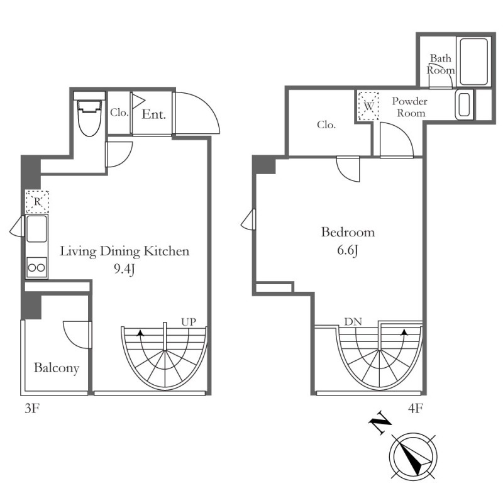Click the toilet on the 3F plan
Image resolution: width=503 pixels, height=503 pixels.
89,118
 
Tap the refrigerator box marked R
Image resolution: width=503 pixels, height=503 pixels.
37,202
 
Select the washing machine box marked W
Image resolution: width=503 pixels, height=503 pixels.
368,106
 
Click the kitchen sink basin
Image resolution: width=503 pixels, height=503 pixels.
36,229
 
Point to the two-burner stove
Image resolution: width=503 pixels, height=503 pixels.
36,267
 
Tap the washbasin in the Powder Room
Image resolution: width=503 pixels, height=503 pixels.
464,104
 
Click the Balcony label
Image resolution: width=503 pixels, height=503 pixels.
57,368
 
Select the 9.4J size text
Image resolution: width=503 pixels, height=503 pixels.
124,270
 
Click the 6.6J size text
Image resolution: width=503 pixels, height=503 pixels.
348,250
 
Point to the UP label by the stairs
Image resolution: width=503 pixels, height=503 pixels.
189,322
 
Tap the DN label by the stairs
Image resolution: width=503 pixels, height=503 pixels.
353,321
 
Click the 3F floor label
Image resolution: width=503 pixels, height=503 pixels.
32,409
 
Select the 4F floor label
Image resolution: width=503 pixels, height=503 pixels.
415,408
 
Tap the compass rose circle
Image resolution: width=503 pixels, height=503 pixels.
413,456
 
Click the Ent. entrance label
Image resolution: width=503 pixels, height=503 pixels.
154,114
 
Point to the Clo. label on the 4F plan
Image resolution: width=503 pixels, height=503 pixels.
326,124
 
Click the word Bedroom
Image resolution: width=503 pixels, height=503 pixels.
348,232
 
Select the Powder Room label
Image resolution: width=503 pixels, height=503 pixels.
410,107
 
